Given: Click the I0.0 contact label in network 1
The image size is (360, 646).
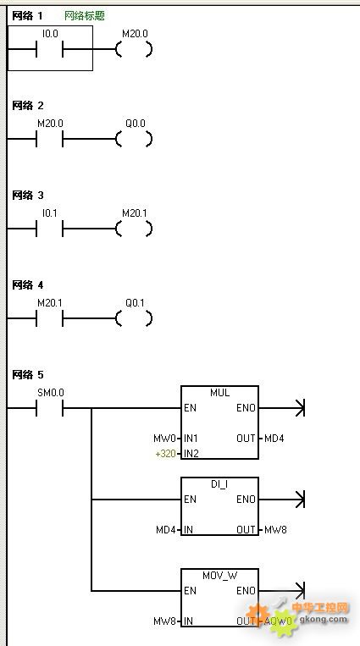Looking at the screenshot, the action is [50, 34].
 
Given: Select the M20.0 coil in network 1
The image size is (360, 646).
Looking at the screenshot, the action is [134, 49].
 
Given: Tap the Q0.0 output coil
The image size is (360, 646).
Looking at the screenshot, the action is [134, 139].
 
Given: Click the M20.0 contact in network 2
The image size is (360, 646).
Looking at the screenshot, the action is [49, 139].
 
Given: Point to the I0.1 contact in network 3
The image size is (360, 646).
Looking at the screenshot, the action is [49, 229].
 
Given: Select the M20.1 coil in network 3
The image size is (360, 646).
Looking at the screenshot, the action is [134, 229].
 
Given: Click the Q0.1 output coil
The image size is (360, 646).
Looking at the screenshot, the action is [134, 318].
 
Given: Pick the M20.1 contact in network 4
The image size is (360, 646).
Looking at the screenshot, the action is [49, 318].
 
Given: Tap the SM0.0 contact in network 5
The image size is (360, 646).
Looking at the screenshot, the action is [49, 408].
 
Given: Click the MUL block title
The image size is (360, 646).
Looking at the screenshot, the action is [219, 393].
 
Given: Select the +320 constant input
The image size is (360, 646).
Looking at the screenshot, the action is [165, 454].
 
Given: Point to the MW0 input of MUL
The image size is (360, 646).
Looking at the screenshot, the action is [164, 439].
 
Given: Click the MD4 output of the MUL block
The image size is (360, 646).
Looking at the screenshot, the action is [274, 439].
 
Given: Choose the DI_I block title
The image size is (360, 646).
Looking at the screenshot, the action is [219, 484].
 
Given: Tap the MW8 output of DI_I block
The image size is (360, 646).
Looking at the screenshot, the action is [275, 530].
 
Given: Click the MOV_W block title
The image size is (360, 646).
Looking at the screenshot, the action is [219, 576].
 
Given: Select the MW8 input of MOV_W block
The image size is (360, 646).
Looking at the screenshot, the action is [165, 621].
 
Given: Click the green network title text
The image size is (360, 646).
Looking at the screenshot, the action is [85, 16].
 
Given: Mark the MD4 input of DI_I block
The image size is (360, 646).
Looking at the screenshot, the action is [166, 530].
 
